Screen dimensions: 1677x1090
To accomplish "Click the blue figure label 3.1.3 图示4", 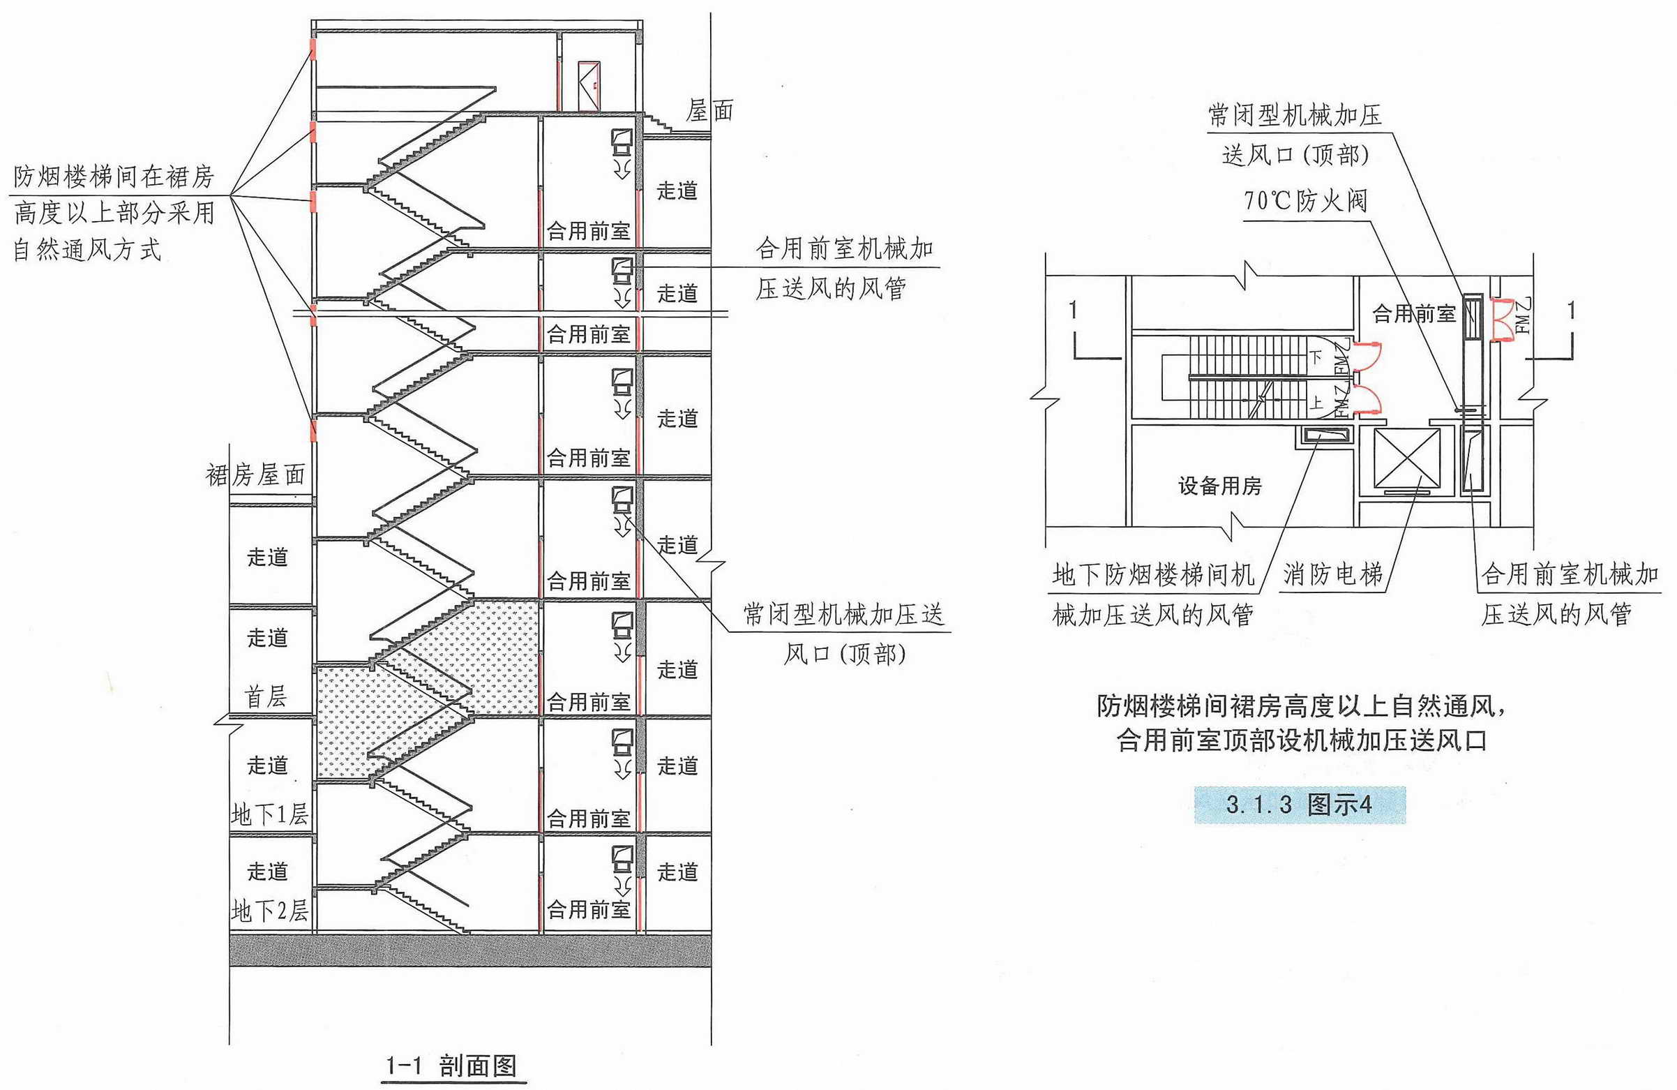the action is point(1300,805).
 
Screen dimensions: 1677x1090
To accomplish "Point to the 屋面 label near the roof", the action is point(710,111).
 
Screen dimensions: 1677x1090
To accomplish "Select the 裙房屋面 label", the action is point(255,475).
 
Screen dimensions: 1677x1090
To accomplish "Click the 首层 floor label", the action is point(266,696).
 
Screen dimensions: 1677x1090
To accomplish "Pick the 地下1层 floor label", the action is point(270,814).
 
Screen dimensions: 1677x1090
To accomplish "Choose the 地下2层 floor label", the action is point(270,911).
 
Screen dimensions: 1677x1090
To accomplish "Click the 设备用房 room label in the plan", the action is point(1219,486).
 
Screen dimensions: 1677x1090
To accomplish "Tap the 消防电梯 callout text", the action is point(1333,574).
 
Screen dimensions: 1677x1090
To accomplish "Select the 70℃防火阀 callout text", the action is point(1305,201).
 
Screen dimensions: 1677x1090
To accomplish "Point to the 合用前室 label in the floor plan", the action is point(1413,314).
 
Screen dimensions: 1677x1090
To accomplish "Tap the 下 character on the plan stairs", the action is point(1316,357).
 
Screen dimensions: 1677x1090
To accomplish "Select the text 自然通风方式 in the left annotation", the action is point(87,250).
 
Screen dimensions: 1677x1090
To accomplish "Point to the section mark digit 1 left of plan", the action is point(1072,311).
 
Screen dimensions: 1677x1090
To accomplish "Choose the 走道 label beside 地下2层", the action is point(268,872).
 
